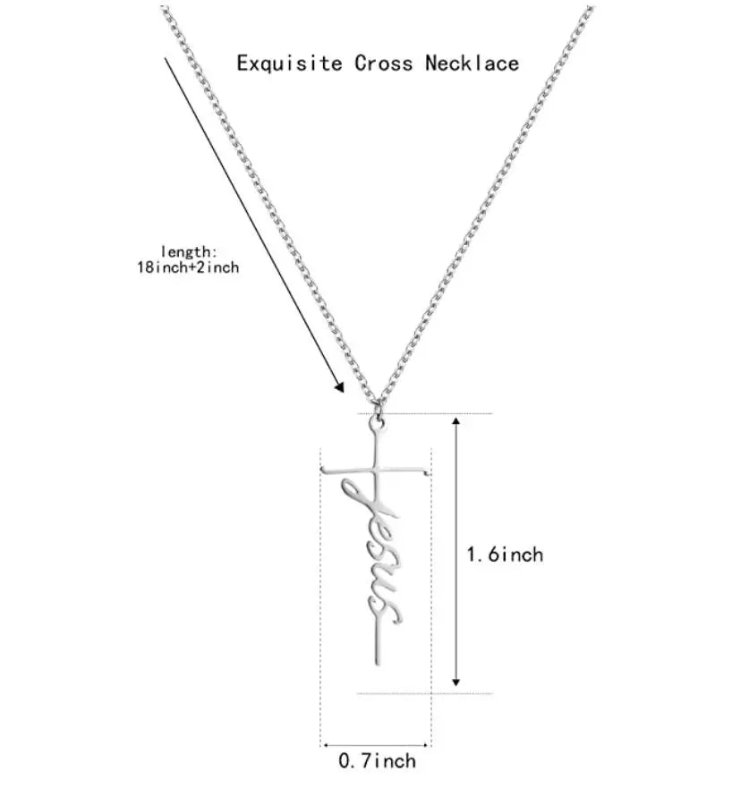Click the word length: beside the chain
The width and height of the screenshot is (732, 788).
point(191,251)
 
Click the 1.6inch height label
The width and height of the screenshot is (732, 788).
point(505,555)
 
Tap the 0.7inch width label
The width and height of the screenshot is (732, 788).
point(376,761)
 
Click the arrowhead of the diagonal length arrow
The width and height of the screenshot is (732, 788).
point(340,387)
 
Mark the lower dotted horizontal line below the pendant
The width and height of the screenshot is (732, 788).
point(421,693)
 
